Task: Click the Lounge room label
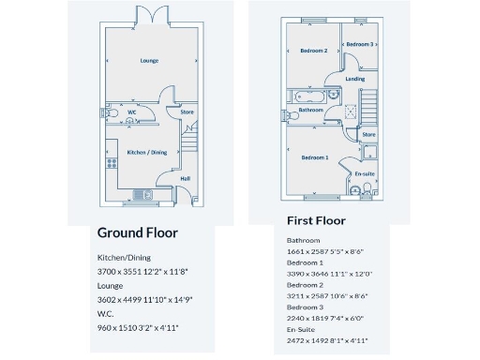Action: click(149, 61)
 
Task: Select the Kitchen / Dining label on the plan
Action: click(146, 152)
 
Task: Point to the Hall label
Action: click(185, 179)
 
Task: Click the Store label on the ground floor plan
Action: click(187, 113)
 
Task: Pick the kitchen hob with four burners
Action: click(112, 163)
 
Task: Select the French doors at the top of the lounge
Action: click(150, 15)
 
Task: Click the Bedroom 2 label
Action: click(313, 51)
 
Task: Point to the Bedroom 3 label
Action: click(359, 44)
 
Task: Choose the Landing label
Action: click(354, 79)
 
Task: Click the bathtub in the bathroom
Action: click(309, 97)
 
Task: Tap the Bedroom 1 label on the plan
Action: click(314, 157)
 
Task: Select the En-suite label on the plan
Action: click(364, 174)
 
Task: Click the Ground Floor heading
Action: click(138, 232)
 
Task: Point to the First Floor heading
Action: click(316, 221)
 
